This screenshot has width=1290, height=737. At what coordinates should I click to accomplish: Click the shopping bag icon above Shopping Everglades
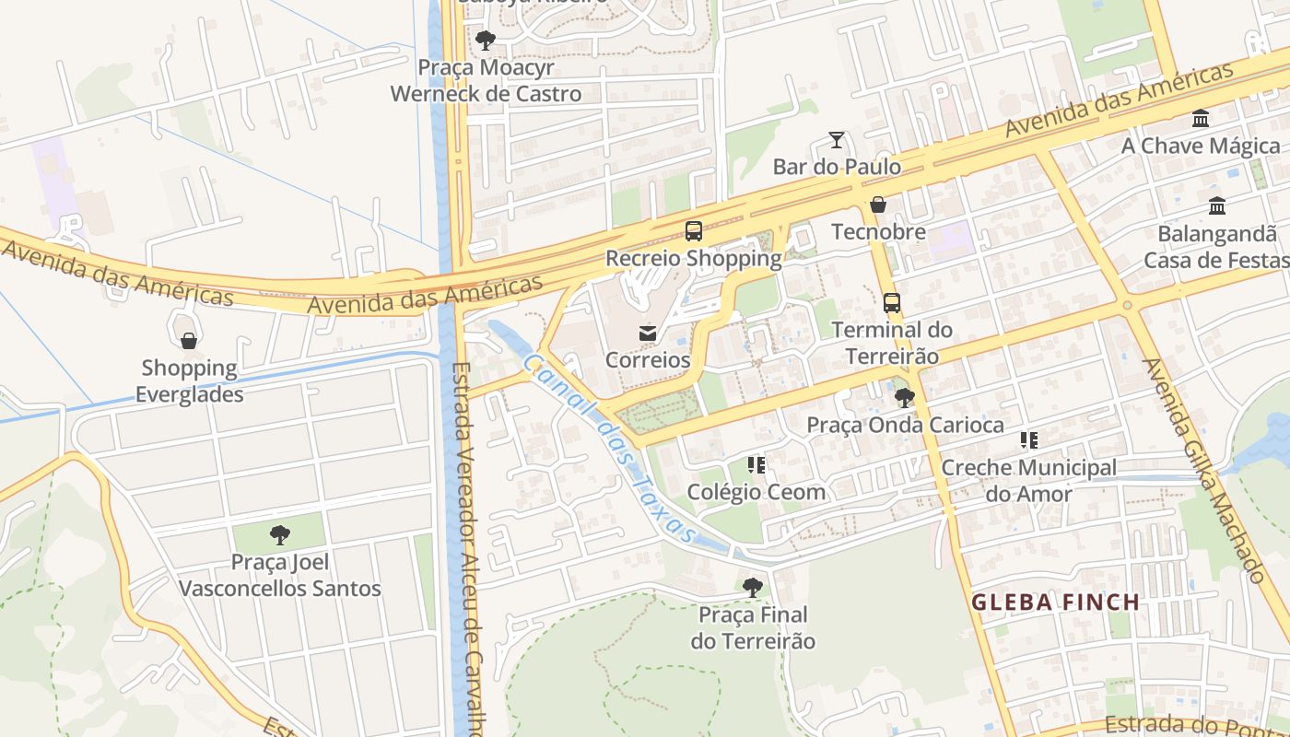189,341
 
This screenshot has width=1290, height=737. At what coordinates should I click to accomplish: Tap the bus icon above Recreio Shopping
694,231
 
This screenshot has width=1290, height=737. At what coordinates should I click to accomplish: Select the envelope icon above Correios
648,333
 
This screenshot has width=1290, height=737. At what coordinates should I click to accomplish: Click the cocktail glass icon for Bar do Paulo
837,140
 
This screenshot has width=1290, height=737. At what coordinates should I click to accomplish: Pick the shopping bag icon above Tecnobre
878,205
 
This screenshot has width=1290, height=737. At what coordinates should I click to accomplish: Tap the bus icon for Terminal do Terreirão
891,302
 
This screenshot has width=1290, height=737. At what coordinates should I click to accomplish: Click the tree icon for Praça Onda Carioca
905,398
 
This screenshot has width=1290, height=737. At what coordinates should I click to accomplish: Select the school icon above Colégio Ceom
756,465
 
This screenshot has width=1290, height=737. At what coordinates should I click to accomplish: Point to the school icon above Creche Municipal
1028,440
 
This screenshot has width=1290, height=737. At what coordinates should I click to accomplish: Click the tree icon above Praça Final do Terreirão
753,587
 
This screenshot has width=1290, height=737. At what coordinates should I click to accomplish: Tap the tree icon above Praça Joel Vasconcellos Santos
280,535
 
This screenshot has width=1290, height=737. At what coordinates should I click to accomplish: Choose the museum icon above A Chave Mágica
1201,119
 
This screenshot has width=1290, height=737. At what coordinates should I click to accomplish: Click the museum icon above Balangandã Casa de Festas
1216,206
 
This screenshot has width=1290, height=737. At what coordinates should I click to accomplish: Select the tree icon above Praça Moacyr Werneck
486,41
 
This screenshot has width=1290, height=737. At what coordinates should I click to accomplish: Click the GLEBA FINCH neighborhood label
1056,602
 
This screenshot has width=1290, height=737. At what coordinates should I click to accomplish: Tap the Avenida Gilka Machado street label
1202,470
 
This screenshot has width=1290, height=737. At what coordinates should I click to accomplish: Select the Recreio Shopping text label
693,259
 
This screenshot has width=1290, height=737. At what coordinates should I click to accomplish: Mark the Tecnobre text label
878,231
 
